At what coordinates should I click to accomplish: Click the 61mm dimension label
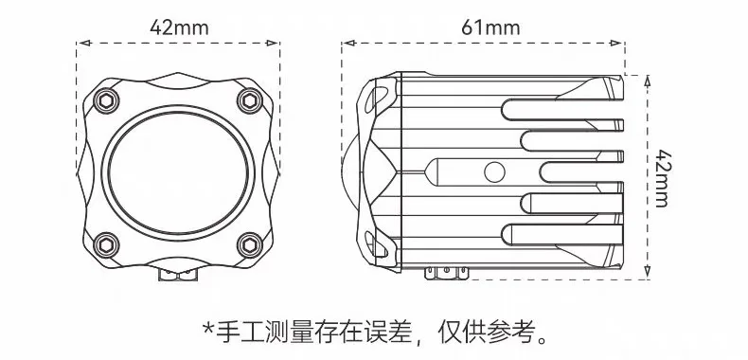[x=490, y=27]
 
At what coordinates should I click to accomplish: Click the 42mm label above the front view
[x=179, y=27]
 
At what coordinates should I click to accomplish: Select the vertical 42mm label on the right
[x=663, y=178]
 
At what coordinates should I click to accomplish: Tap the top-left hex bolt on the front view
[x=106, y=100]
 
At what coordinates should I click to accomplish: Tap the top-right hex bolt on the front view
[x=250, y=100]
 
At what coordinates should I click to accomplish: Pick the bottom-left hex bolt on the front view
[x=106, y=245]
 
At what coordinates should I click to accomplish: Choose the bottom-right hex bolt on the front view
[x=250, y=245]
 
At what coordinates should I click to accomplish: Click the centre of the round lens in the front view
[x=178, y=172]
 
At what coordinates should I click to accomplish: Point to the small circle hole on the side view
[x=494, y=171]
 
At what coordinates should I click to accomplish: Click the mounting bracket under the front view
[x=178, y=274]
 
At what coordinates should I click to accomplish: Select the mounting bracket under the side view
[x=446, y=273]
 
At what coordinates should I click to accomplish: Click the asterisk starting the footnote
[x=208, y=329]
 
